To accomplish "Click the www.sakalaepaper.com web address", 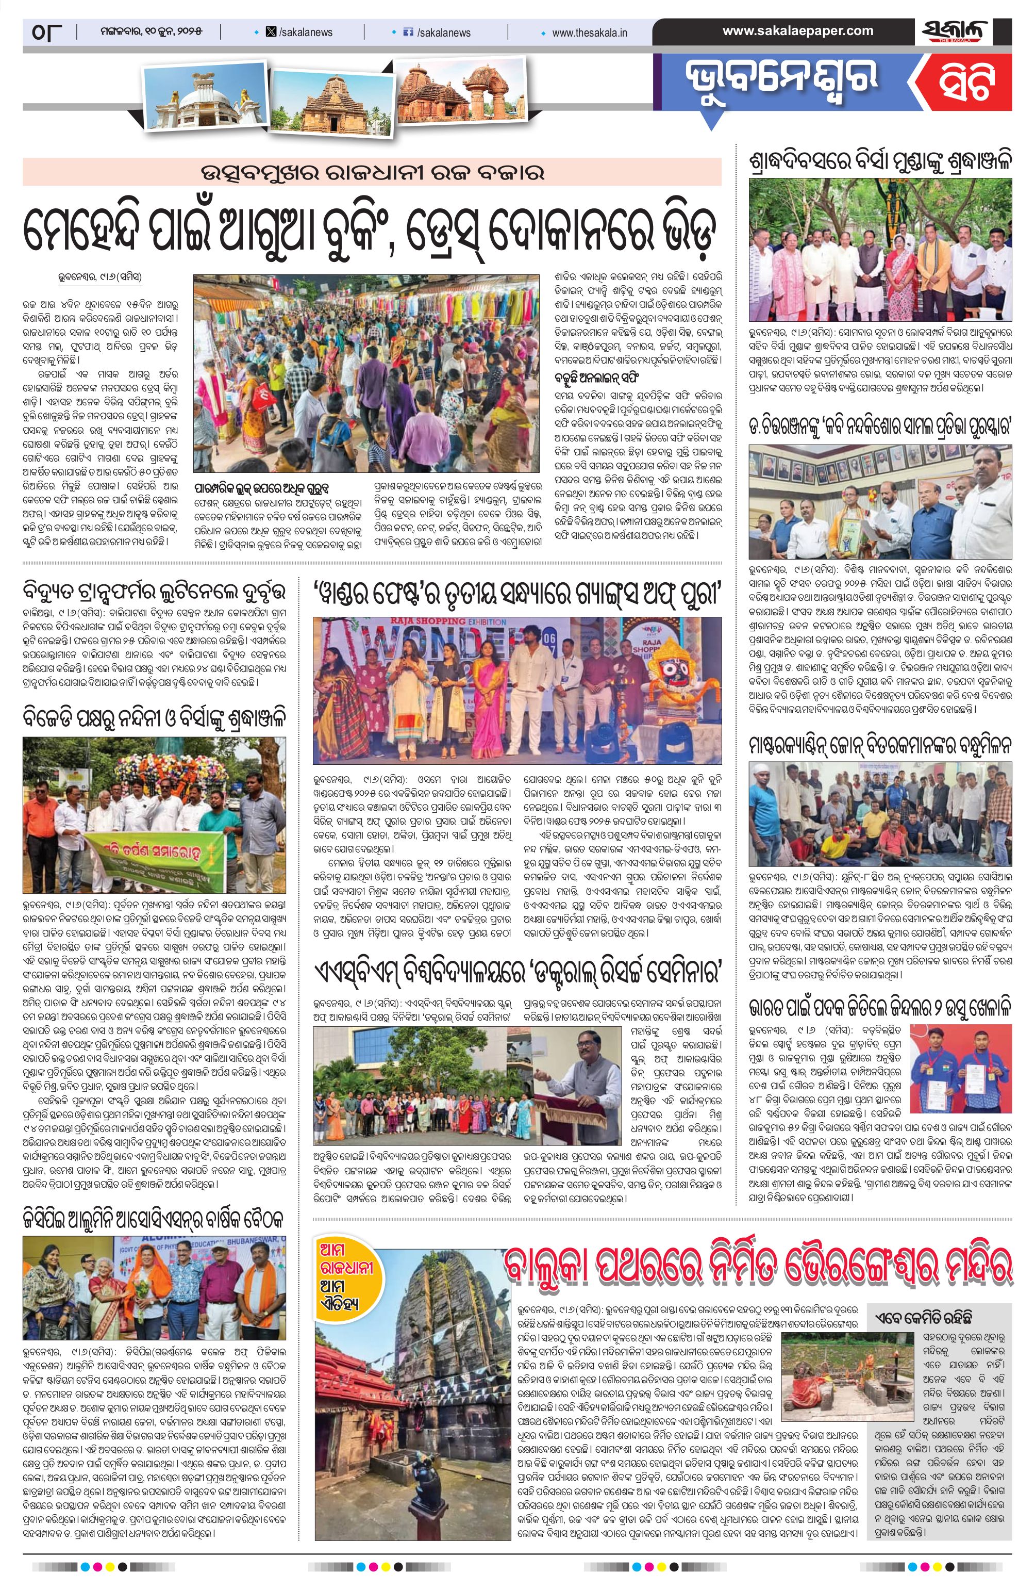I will [797, 31].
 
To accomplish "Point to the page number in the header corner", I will [45, 31].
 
